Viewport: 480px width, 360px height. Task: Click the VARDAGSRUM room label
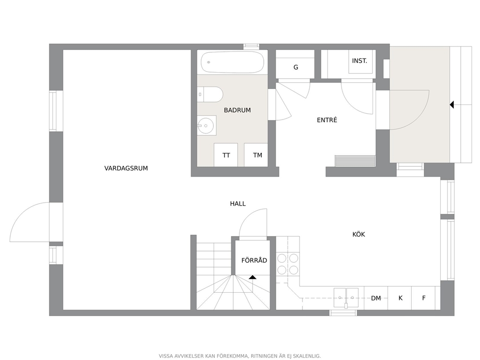[126, 168]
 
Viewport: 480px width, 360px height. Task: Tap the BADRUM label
[237, 110]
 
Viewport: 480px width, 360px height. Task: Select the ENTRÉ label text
[327, 120]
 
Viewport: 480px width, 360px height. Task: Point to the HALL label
[238, 204]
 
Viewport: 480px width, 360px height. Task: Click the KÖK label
[359, 234]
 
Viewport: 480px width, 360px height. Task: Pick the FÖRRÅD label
[254, 260]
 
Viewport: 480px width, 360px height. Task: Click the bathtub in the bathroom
[232, 62]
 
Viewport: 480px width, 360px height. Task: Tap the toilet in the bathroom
[210, 94]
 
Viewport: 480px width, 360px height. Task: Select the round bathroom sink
[206, 125]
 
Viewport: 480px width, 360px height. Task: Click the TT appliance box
[226, 155]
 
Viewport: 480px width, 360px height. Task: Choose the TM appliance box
[256, 155]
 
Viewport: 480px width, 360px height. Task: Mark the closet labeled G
[295, 64]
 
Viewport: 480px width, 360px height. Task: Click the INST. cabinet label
[360, 60]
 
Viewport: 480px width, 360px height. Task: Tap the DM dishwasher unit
[376, 298]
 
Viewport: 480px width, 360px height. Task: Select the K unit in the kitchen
[400, 298]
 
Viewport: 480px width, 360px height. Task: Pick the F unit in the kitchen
[424, 298]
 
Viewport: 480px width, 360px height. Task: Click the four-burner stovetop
[288, 264]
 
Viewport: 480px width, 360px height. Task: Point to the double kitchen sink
[346, 297]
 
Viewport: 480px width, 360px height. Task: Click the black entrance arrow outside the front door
[452, 105]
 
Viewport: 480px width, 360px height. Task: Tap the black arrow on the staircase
[253, 277]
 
